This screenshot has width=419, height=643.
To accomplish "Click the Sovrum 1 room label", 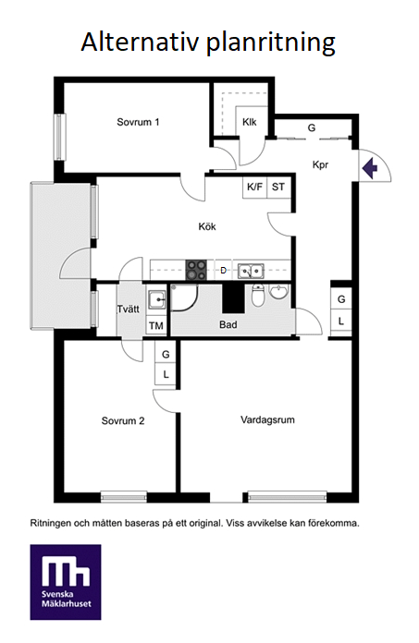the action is (138, 122).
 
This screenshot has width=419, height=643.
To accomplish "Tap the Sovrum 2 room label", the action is (123, 421).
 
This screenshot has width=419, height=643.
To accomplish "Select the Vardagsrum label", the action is (267, 420).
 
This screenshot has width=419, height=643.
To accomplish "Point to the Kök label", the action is (207, 226).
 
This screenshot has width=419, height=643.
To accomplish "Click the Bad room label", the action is (228, 325).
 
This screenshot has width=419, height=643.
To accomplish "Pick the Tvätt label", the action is (129, 309).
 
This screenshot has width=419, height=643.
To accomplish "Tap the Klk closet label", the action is (250, 122).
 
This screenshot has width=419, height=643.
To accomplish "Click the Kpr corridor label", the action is (321, 164).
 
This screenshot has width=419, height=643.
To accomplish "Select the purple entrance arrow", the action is (370, 168).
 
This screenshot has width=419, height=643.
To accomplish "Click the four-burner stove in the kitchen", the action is (196, 271).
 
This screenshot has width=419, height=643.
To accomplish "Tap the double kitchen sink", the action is (251, 271).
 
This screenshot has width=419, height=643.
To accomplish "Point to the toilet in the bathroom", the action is (258, 296).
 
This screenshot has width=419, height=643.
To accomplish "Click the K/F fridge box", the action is (255, 188).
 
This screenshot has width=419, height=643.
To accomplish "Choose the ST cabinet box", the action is (278, 188).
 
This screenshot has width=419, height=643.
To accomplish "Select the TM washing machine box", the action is (156, 326).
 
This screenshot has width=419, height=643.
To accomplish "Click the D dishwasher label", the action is (224, 271).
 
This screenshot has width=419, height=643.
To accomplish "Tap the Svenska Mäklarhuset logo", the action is (66, 582).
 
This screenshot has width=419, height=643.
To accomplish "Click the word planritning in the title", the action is (271, 42).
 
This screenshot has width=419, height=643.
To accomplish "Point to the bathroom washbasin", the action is (279, 292).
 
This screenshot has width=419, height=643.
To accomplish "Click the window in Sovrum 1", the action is (60, 137).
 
